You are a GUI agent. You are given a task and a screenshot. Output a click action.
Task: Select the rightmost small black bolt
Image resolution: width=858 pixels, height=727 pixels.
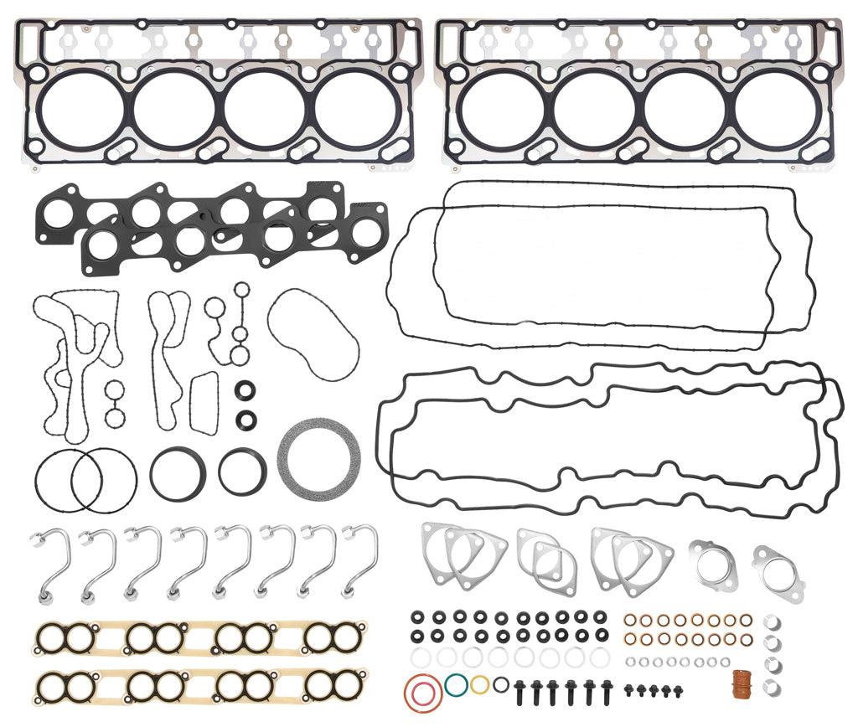(x=678, y=690)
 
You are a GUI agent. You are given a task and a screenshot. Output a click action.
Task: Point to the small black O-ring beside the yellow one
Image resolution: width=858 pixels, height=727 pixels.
(x=500, y=684)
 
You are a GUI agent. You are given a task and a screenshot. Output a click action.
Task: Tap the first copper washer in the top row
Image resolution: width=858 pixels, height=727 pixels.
(x=631, y=621)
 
